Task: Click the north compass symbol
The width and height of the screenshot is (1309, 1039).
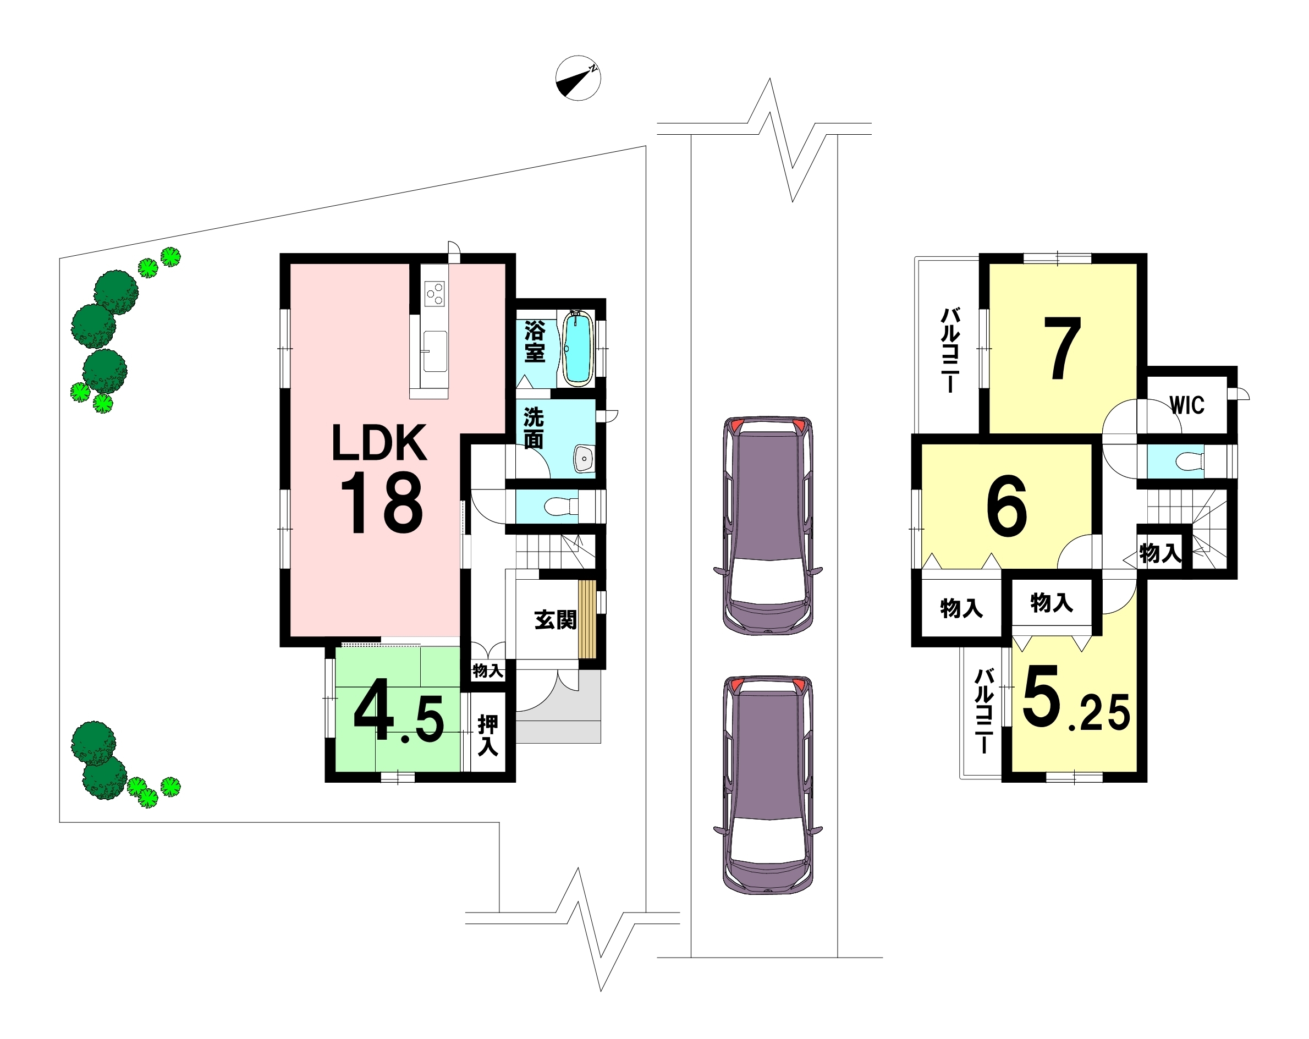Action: click(578, 78)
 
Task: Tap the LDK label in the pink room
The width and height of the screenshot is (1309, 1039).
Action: click(380, 443)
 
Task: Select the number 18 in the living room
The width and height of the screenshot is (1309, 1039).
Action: click(382, 503)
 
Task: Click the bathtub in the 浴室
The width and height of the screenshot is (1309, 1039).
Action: click(578, 349)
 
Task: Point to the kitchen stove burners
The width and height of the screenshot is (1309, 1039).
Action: click(435, 294)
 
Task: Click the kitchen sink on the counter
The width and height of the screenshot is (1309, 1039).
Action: click(435, 351)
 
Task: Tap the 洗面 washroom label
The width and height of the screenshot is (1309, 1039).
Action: click(533, 428)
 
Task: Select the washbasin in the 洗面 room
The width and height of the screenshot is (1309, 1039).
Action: click(584, 459)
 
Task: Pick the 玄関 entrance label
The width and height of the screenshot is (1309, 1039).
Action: click(555, 620)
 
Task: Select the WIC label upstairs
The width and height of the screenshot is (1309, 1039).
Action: click(1187, 405)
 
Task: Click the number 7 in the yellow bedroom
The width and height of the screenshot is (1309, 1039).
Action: click(1063, 349)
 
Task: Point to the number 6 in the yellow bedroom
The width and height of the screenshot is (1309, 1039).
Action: click(1007, 507)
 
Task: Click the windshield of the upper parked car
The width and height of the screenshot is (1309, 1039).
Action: click(768, 580)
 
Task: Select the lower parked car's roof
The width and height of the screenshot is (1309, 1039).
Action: click(768, 756)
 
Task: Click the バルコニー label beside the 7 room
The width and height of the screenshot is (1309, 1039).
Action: click(950, 350)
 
